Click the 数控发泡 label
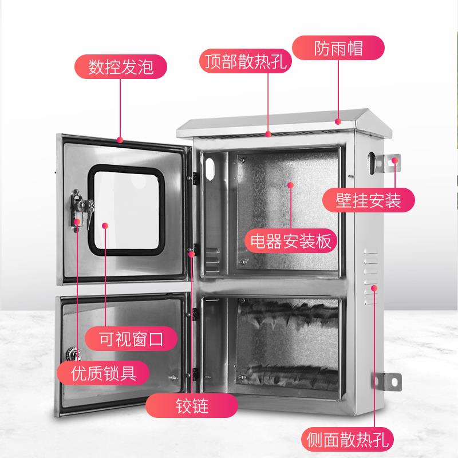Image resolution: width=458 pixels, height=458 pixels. [121, 67]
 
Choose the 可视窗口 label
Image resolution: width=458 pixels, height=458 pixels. [131, 339]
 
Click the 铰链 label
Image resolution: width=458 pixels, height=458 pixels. [191, 406]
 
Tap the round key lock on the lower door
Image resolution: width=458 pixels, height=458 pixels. [74, 350]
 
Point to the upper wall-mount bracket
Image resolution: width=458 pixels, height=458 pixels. [393, 163]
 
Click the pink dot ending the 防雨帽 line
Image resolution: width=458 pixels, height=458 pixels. [338, 121]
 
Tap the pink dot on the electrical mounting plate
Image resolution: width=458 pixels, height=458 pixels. [290, 185]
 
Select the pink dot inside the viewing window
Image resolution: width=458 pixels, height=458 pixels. [105, 226]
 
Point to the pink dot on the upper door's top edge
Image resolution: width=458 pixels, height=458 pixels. [120, 139]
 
